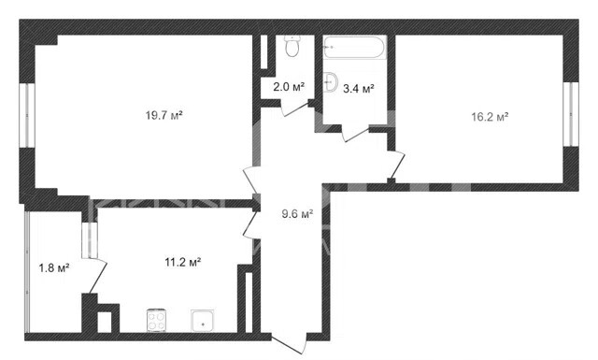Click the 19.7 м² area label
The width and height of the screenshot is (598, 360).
(x=164, y=115)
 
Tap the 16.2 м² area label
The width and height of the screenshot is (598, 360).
(x=490, y=117)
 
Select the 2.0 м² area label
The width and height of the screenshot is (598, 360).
(x=289, y=87)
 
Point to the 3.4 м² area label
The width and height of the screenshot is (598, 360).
(x=359, y=89)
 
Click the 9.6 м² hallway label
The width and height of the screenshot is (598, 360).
(x=297, y=214)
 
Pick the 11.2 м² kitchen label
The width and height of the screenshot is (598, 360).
(x=183, y=262)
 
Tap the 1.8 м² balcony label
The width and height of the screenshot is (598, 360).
(x=54, y=268)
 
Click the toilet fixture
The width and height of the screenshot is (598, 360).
(x=292, y=46)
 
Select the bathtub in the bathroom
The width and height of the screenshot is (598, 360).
(x=354, y=47)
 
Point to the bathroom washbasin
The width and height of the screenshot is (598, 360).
(x=331, y=82)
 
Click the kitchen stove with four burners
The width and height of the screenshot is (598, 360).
(x=156, y=321)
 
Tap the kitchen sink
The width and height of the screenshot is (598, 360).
(x=203, y=321)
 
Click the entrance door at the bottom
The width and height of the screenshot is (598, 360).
(x=290, y=342)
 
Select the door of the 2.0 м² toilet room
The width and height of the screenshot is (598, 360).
(x=296, y=108)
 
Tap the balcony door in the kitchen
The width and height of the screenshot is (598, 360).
(x=97, y=276)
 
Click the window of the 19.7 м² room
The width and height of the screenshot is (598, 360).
(x=27, y=115)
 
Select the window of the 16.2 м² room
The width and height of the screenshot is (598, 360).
(x=571, y=114)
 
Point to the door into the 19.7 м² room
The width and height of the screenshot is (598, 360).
(x=251, y=180)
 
